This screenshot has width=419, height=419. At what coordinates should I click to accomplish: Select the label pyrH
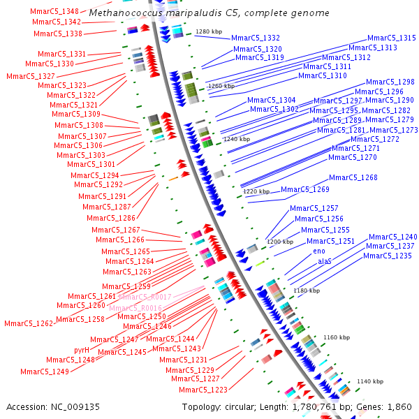tap(82, 350)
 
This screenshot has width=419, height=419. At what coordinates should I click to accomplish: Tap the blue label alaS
tap(325, 261)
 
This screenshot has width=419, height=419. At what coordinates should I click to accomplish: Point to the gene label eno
tap(319, 251)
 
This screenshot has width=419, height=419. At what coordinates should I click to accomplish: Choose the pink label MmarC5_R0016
tap(135, 308)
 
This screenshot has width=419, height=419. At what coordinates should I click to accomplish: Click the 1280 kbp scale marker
tap(209, 31)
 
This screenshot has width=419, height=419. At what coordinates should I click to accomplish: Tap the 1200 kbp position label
tap(280, 242)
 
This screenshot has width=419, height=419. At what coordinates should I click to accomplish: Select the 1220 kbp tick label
tap(256, 191)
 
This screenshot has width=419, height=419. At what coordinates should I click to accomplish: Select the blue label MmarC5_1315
tap(392, 38)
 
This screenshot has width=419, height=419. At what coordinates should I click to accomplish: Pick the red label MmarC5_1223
tap(203, 390)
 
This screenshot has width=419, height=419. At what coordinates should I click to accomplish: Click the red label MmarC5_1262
tap(29, 324)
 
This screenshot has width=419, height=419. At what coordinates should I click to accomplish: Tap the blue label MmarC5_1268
tap(353, 177)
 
